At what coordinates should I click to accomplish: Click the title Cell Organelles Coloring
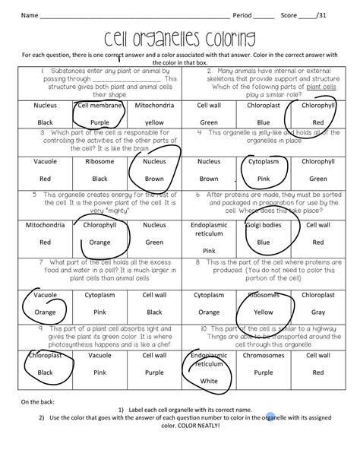pos(180,40)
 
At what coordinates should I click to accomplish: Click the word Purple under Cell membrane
pos(99,122)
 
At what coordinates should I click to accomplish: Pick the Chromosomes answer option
pos(263,355)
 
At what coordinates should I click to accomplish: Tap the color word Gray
pos(317,312)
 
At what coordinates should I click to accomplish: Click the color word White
pos(209,381)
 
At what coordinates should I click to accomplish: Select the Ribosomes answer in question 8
pos(263,294)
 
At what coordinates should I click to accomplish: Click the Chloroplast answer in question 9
pos(46,355)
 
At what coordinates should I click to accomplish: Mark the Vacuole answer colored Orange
pos(46,312)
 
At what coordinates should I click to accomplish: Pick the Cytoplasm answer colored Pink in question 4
pos(263,162)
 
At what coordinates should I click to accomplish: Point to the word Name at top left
pos(29,15)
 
